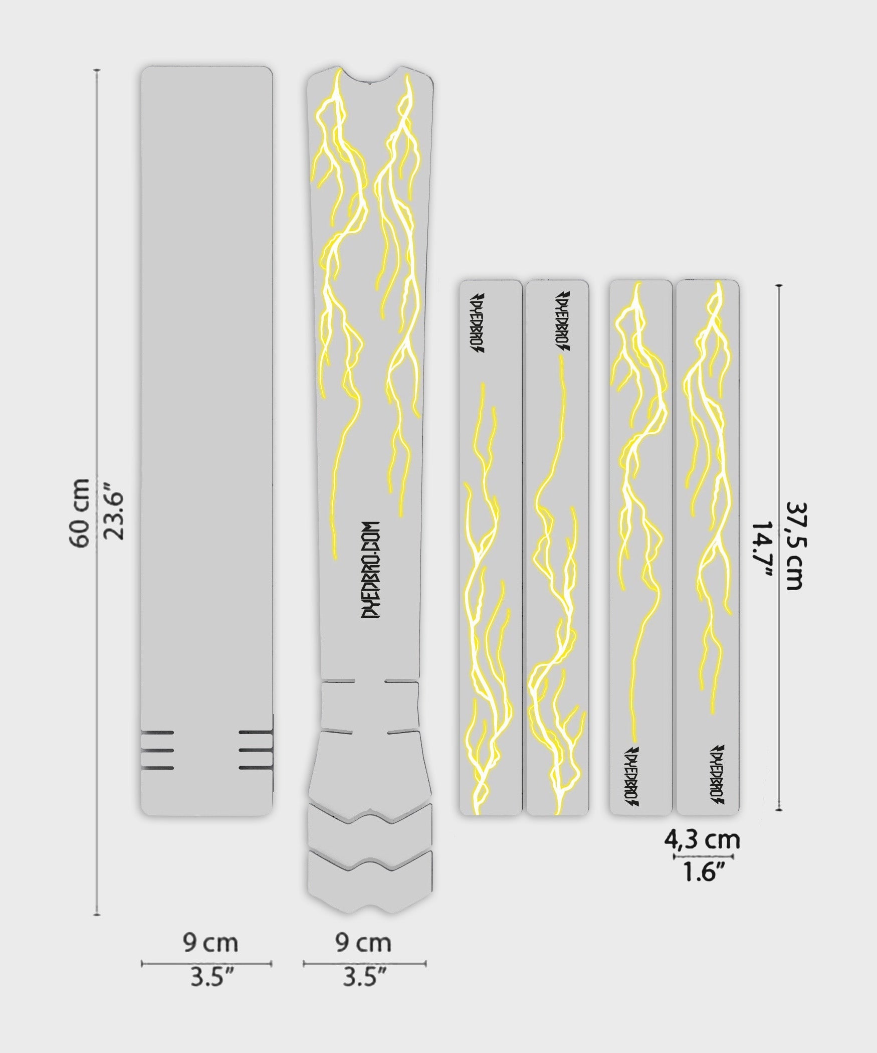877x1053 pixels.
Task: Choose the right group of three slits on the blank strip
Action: click(x=256, y=750)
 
